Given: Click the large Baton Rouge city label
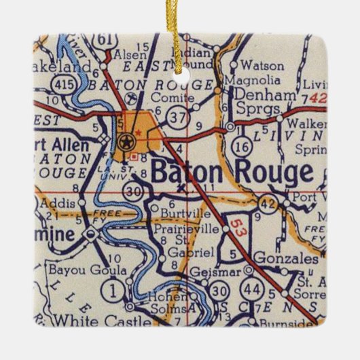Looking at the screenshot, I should [232, 172].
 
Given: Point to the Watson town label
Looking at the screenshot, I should [258, 66].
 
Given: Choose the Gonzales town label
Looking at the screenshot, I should [287, 259].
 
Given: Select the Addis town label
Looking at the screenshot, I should [56, 202].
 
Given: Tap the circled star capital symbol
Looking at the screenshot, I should [125, 142].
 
